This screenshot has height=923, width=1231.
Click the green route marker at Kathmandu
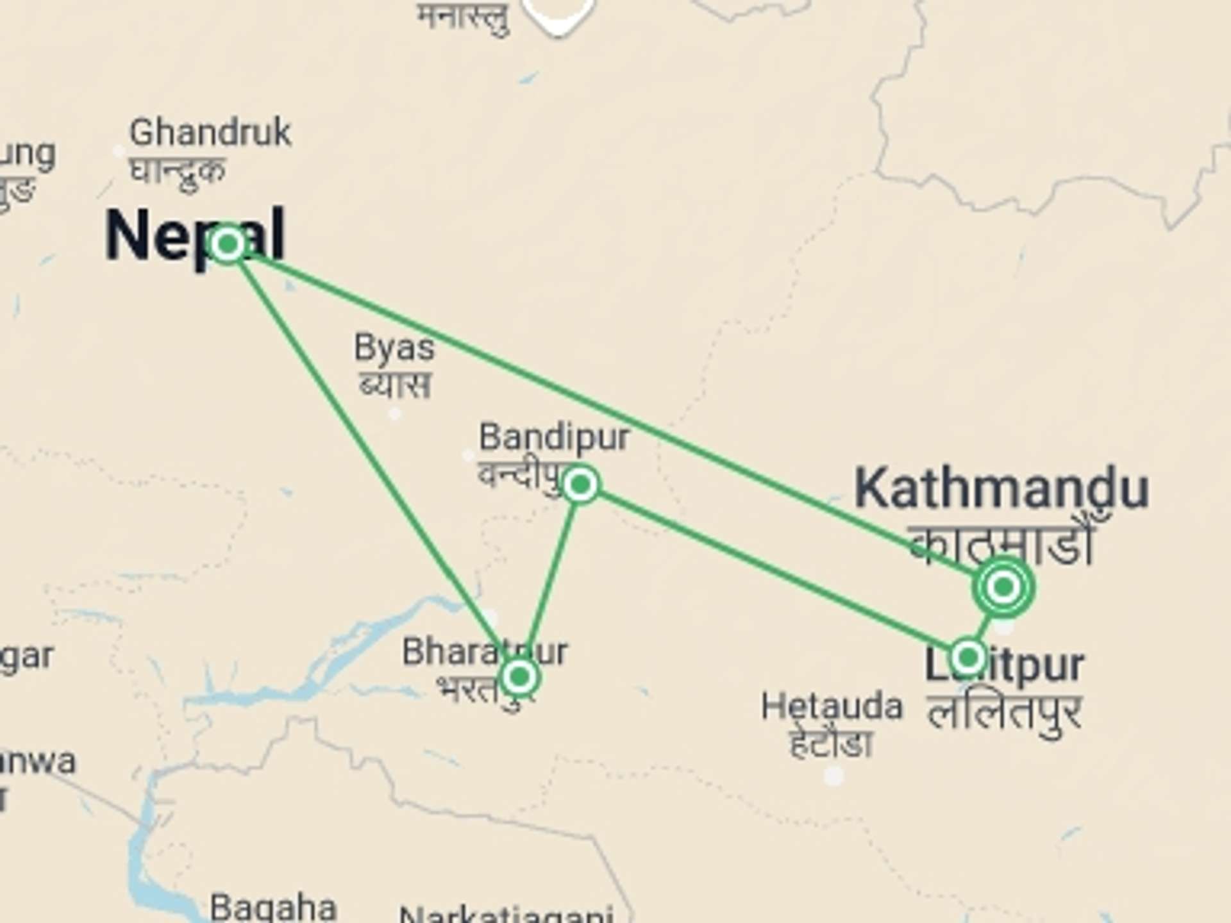(x=1003, y=586)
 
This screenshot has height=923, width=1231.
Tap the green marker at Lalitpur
(x=967, y=657)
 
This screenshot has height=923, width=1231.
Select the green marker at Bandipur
(x=581, y=485)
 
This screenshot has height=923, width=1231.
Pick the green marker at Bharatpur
(x=519, y=676)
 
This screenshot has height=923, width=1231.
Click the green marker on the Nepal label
(x=227, y=244)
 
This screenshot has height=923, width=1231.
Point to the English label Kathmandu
(x=1001, y=489)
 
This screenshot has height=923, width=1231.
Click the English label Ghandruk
(x=210, y=133)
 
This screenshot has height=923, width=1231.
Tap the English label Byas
(x=394, y=348)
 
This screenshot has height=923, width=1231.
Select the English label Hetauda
(x=832, y=706)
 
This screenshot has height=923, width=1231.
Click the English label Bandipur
(x=555, y=437)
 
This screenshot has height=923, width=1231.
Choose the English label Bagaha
(x=273, y=908)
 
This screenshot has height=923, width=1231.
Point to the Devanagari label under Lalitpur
(x=1005, y=713)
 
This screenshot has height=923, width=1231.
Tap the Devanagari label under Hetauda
(x=831, y=744)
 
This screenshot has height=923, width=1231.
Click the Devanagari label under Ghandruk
(x=178, y=171)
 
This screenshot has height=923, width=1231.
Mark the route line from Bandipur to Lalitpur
(x=769, y=570)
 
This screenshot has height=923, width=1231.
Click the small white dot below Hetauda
(x=833, y=776)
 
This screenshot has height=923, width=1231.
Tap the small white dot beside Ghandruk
(x=119, y=152)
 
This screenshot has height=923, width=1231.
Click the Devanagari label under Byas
(x=395, y=386)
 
